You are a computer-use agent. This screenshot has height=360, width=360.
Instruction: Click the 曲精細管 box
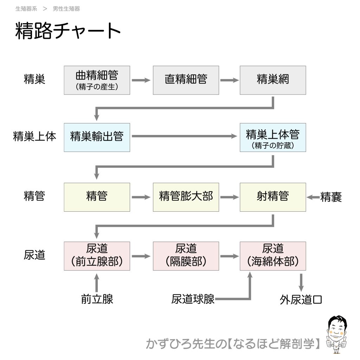pos(97,80)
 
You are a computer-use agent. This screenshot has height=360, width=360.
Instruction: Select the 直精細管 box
pos(186,80)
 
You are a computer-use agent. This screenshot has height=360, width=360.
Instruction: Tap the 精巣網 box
pos(273,80)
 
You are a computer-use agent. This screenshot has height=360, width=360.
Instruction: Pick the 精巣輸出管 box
pos(97,137)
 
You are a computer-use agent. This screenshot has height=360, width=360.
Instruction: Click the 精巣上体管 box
pos(273,137)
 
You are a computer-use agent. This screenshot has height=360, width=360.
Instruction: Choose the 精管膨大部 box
pos(186,197)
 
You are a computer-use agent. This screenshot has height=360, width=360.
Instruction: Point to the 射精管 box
pos(273,197)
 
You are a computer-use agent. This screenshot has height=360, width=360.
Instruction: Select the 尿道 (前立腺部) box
pos(97,256)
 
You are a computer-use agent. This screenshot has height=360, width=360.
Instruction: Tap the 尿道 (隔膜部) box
pos(186,256)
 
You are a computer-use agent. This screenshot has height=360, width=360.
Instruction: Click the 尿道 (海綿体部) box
pos(273,256)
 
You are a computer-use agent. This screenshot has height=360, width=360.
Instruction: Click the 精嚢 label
pos(331,197)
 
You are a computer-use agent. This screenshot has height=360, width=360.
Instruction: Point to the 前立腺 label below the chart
pos(97,299)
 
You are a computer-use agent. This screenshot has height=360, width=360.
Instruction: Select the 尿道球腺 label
pos(193,299)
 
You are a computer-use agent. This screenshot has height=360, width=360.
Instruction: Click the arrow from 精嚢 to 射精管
pos(313,197)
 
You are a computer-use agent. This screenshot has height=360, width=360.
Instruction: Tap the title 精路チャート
pos(68,31)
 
